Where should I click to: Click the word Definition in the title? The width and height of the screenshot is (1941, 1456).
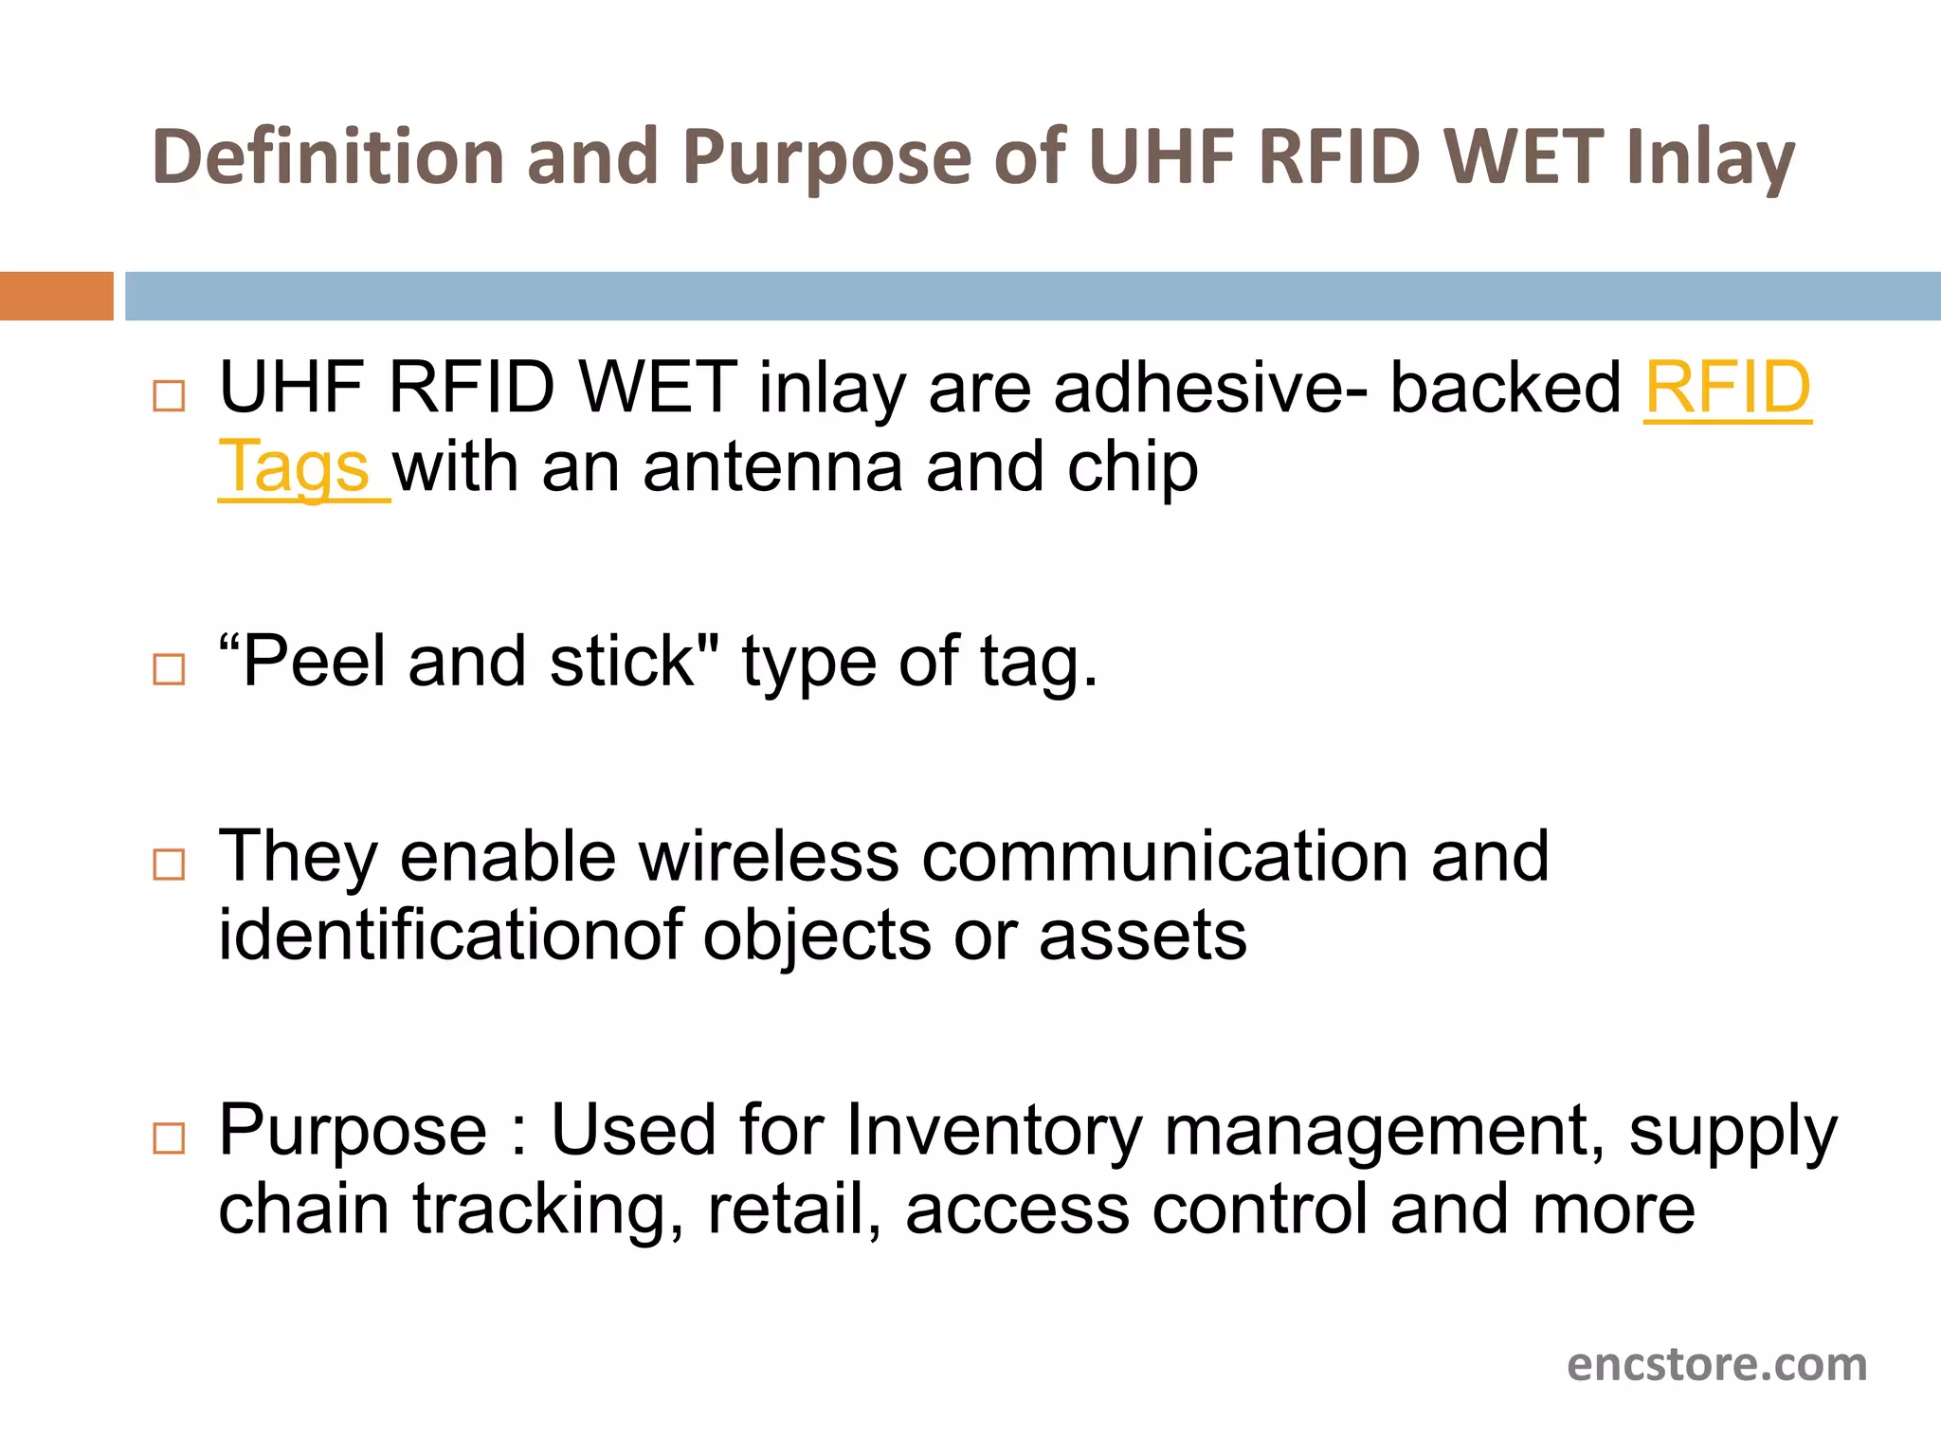(328, 156)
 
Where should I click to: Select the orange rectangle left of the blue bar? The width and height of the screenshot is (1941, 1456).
(56, 296)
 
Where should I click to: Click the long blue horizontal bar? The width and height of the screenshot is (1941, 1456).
(1032, 296)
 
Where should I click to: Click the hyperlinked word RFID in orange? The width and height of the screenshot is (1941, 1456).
(1727, 388)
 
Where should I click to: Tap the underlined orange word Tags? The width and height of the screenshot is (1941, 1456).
(294, 467)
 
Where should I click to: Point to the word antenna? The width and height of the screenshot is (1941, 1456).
(772, 467)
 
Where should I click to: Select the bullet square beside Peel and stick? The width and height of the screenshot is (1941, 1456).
(169, 669)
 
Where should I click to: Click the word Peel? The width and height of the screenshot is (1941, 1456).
(313, 661)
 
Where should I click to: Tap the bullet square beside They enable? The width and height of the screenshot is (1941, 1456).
(169, 864)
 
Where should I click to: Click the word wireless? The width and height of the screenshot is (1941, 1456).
(769, 856)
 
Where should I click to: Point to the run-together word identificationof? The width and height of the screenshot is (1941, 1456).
(450, 936)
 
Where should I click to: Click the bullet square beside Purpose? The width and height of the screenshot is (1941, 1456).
(169, 1137)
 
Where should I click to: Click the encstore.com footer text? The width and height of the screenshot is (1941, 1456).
(1716, 1365)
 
